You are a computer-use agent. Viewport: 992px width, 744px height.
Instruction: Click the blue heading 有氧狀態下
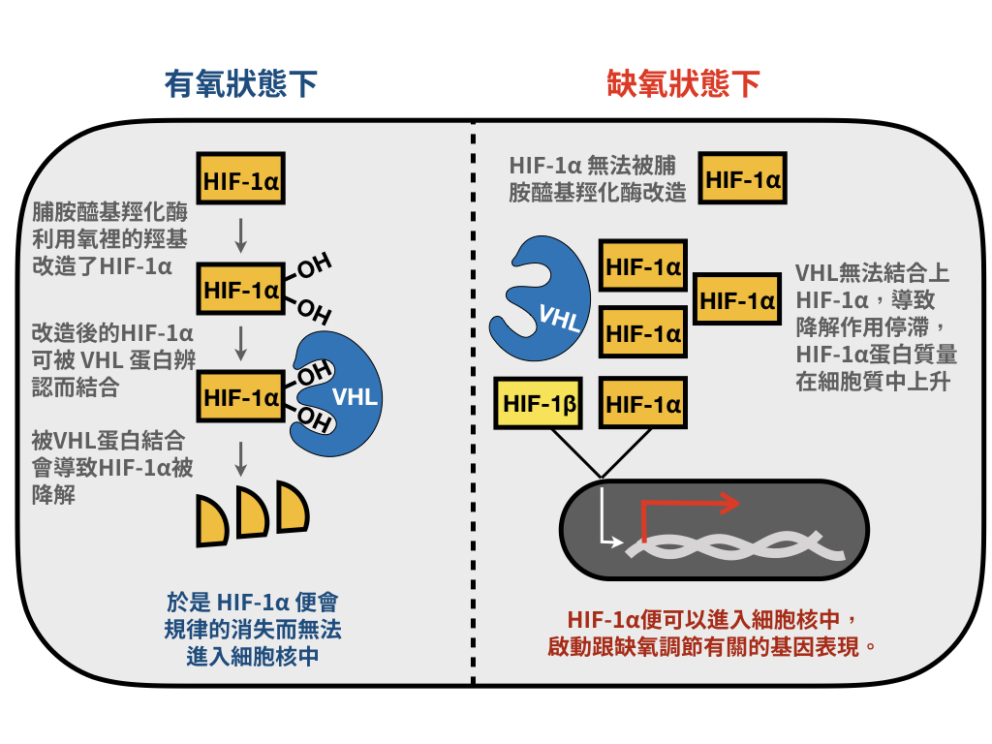[x=240, y=83]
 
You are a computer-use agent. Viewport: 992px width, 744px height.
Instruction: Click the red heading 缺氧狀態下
[x=683, y=83]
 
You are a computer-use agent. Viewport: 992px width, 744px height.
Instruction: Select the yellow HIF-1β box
[x=538, y=403]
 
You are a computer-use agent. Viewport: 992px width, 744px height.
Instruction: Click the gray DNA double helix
[x=735, y=545]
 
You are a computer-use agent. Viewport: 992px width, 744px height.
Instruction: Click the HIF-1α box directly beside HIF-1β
[x=643, y=403]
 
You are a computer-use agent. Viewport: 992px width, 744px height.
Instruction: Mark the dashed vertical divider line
[x=473, y=402]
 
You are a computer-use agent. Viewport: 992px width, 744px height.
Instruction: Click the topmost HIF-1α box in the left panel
[x=240, y=178]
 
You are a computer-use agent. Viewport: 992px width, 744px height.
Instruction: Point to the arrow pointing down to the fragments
[x=240, y=458]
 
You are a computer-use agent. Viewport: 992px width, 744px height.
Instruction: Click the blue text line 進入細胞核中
[x=253, y=657]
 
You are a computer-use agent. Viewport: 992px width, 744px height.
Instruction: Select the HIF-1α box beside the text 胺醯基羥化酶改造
[x=743, y=178]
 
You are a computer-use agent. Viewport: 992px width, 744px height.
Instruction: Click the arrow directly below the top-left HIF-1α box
[x=240, y=235]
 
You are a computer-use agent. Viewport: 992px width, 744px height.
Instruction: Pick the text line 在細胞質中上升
[x=873, y=382]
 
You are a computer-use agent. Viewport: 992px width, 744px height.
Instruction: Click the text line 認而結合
[x=76, y=387]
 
